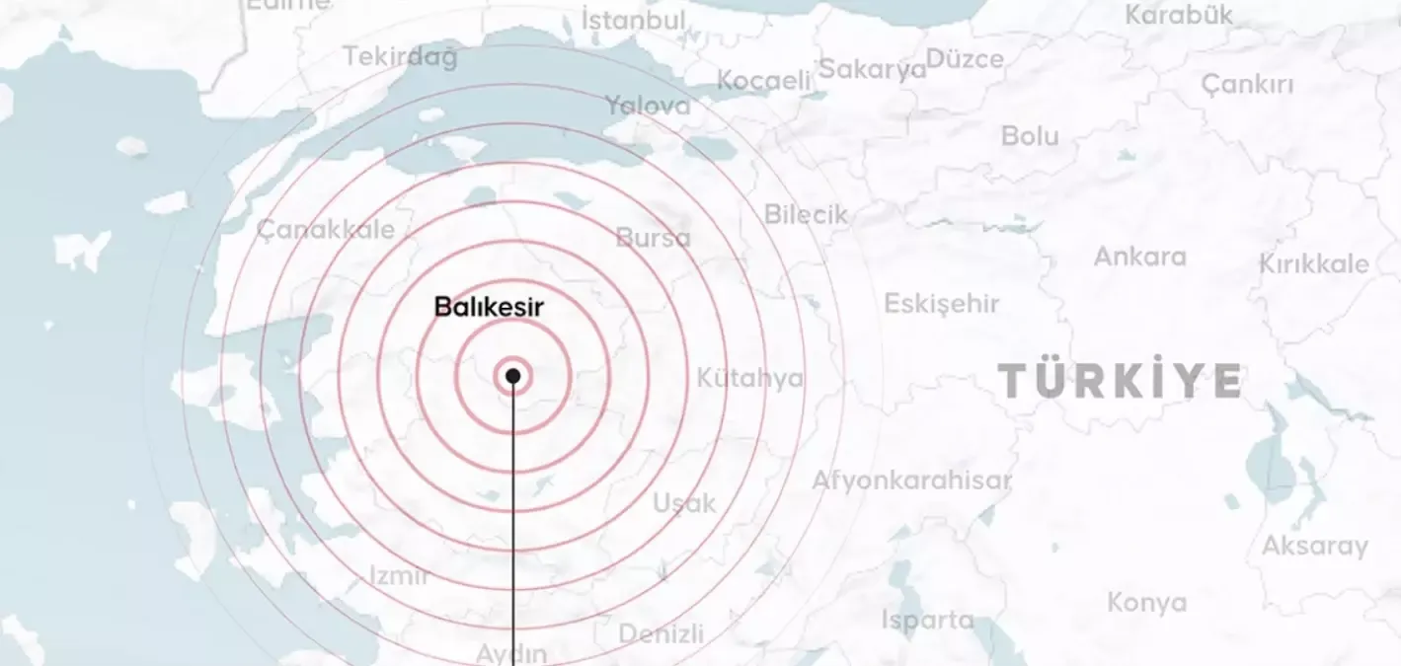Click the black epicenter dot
click(512, 376)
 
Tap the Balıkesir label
click(489, 307)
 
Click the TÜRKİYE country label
click(1120, 380)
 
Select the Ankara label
click(1139, 257)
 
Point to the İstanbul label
click(633, 20)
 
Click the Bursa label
click(653, 238)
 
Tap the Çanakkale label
click(325, 231)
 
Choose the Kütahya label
click(749, 378)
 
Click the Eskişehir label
click(941, 304)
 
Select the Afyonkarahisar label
click(911, 481)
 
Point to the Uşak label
click(684, 503)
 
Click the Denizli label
click(661, 632)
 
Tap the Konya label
click(1146, 602)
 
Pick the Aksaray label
click(1314, 546)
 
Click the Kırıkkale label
click(1313, 264)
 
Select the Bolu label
click(1029, 136)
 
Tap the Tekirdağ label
click(400, 57)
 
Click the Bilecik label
click(806, 214)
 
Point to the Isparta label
click(927, 620)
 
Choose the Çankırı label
click(1247, 85)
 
